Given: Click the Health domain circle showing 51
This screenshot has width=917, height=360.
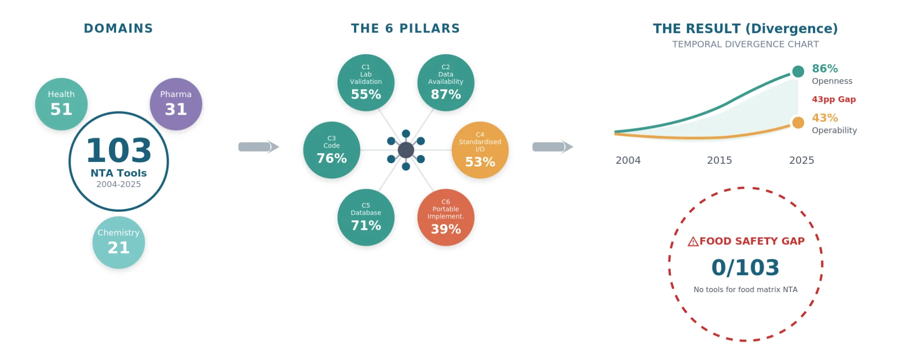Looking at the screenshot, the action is [61, 104].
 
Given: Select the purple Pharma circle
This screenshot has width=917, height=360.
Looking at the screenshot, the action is [176, 104].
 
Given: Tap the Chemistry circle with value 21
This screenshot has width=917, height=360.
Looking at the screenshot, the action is [119, 243].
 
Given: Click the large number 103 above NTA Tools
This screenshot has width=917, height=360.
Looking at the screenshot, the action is [119, 150].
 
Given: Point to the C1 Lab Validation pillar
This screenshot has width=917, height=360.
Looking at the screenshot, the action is [366, 83].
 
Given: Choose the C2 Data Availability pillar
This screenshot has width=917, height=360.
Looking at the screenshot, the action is [446, 83].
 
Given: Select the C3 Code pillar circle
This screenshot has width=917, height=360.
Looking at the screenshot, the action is [331, 150].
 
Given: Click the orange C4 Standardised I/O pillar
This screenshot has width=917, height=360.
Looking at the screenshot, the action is [480, 150].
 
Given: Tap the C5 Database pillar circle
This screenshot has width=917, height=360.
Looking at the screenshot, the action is [366, 217].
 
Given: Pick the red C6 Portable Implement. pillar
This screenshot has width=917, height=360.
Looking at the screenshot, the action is [446, 217].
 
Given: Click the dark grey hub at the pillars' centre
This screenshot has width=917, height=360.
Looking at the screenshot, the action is [406, 150].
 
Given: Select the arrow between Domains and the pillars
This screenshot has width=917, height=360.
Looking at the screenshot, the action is [259, 147].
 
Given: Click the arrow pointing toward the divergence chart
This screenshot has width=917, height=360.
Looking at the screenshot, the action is [552, 147].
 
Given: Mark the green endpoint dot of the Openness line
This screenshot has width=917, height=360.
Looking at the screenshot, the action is [798, 72].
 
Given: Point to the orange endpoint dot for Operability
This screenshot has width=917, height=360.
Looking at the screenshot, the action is [798, 123].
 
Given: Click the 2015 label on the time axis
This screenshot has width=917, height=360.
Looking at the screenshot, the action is [719, 161].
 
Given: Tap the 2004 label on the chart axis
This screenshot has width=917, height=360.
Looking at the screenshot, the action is [628, 161].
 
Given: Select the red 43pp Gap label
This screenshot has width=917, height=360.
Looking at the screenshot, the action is [834, 100].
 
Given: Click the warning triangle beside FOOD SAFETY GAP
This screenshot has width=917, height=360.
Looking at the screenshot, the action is [693, 242].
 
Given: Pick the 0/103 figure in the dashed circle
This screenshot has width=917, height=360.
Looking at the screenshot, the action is [746, 267].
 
